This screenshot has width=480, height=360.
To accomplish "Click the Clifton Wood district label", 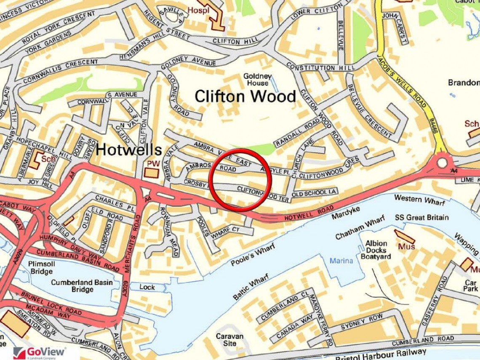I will (245, 96).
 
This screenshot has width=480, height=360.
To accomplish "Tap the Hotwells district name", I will (129, 149).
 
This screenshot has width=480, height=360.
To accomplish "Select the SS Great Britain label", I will (421, 217).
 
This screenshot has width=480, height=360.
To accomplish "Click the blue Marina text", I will (341, 261).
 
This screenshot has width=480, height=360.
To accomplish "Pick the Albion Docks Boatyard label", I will (376, 250).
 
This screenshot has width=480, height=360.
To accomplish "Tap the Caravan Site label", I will (229, 340).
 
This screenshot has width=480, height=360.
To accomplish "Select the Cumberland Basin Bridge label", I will (82, 286).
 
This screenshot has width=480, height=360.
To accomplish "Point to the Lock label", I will (147, 287).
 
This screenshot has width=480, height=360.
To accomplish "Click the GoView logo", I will (40, 352).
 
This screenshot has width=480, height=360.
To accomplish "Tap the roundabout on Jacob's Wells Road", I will (442, 162).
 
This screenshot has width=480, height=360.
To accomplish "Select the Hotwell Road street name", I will (306, 213).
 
